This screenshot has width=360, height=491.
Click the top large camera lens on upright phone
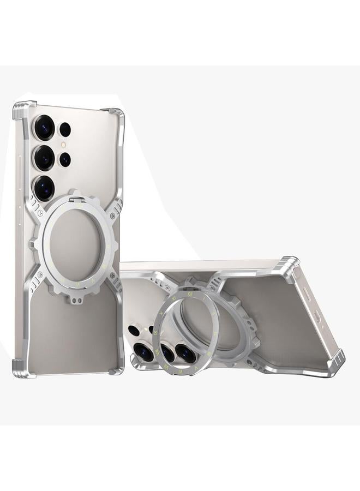coord(44,128)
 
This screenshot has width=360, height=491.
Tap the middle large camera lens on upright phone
coord(44,158)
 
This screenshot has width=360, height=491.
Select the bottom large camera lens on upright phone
coord(44,188)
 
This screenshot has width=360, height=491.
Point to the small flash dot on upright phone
coord(64,145)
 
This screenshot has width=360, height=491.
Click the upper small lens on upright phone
coord(65,129)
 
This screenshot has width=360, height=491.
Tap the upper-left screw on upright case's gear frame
coord(40,214)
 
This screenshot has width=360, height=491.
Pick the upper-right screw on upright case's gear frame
coord(112,217)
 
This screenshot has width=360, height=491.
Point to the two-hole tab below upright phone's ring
coord(74,299)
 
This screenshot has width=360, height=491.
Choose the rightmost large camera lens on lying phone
coord(185,353)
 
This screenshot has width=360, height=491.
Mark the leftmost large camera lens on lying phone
coord(143,352)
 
